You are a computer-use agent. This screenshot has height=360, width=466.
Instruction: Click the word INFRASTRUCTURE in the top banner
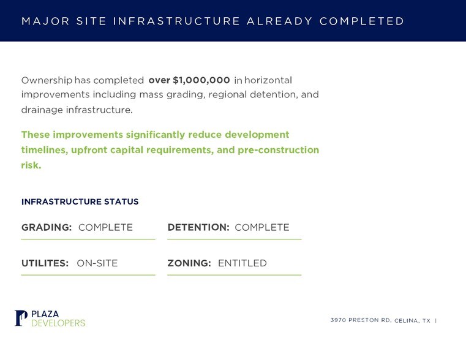176,21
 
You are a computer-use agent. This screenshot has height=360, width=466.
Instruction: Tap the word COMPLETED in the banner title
362,21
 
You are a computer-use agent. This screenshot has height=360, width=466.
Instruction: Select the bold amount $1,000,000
201,80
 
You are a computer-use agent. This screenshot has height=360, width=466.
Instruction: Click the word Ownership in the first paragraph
47,80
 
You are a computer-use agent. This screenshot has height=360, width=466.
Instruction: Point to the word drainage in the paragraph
42,110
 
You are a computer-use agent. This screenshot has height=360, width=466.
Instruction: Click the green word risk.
31,165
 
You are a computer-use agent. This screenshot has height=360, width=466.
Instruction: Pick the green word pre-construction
278,150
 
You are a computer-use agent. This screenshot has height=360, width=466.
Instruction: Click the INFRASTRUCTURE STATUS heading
80,201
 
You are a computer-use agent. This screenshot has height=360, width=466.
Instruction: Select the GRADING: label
47,227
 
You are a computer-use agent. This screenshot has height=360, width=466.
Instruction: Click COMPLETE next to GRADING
105,227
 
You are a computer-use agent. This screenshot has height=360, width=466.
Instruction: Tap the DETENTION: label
198,227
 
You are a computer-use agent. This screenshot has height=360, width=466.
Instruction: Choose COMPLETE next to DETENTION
262,227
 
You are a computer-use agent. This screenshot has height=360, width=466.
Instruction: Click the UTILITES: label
45,263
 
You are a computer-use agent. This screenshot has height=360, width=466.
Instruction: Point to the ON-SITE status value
97,263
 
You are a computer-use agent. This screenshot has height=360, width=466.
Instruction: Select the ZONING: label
189,263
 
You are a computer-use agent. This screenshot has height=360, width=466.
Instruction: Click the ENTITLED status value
242,263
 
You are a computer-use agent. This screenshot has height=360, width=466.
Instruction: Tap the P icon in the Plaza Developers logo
21,318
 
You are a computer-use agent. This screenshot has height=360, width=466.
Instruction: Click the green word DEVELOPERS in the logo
58,323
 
